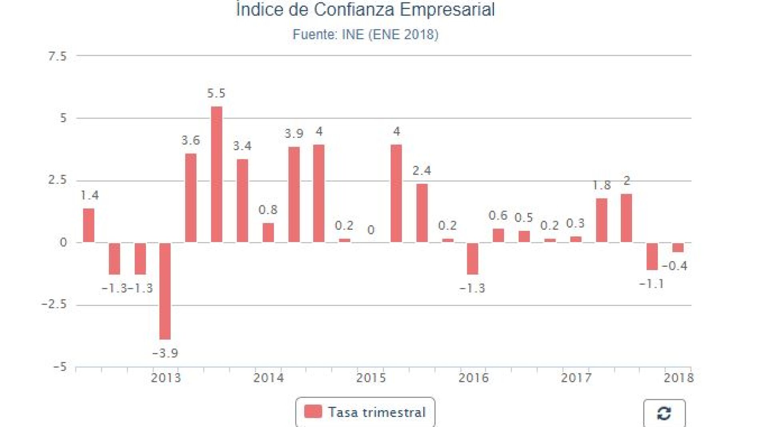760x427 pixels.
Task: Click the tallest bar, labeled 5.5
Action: (x=216, y=174)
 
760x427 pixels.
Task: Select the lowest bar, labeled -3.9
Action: (x=165, y=291)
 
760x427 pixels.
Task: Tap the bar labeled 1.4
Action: (x=88, y=225)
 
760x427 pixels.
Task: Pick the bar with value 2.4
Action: (x=422, y=213)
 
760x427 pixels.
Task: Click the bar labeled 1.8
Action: (x=601, y=220)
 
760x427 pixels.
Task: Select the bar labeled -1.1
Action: (x=652, y=256)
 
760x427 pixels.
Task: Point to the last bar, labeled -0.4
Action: (x=678, y=247)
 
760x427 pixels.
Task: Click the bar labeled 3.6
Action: (x=191, y=198)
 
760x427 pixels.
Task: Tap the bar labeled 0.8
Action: (x=268, y=232)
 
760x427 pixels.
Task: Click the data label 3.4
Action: (x=242, y=146)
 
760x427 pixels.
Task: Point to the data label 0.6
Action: (x=498, y=216)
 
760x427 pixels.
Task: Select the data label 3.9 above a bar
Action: (x=294, y=134)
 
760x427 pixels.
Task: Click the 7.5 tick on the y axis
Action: (x=57, y=56)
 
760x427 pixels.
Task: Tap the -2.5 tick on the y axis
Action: (x=54, y=305)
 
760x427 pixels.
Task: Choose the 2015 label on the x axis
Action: (x=371, y=378)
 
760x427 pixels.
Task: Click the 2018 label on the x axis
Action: (x=678, y=378)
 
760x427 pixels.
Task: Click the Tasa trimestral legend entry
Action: (x=365, y=412)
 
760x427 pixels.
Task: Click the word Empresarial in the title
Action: (x=447, y=10)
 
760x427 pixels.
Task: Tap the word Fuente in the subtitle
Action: (x=315, y=35)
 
